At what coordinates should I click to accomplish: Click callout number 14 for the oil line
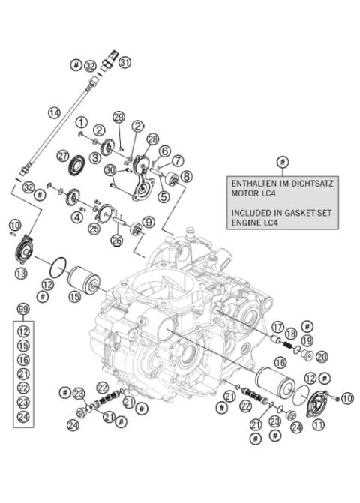(54, 113)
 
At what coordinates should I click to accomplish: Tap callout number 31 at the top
(125, 61)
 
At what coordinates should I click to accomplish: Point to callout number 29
(118, 116)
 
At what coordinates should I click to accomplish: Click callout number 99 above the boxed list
(23, 310)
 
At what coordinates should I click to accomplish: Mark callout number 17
(277, 327)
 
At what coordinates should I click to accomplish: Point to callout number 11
(319, 424)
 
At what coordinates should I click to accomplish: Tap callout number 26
(117, 240)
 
